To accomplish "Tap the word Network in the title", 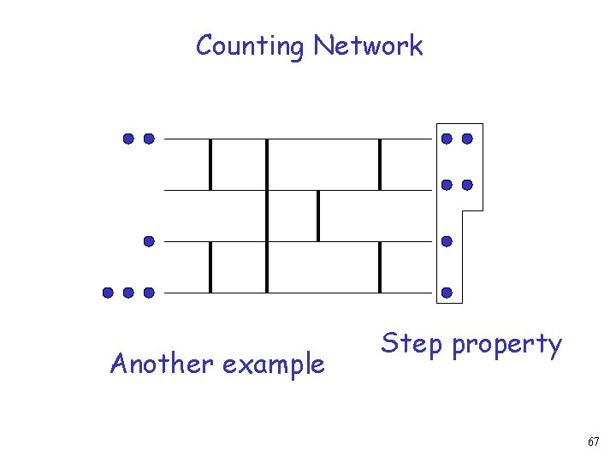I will (368, 45).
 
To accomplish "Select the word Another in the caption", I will (162, 364).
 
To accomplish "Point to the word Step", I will (412, 345).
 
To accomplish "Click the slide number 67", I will (594, 441).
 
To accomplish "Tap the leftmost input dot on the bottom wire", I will (108, 293).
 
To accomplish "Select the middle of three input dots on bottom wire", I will (128, 293).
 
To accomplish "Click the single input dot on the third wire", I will (149, 242).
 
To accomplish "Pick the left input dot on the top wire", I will (128, 138).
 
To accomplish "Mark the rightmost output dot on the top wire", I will (467, 138).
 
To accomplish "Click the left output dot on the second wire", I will (447, 185).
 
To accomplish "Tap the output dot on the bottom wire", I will (447, 293).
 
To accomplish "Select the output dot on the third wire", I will (447, 242).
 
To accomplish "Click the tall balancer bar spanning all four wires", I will (267, 216).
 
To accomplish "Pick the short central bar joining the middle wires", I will (318, 216).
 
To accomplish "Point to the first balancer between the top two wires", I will (210, 163).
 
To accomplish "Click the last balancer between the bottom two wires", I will (380, 267).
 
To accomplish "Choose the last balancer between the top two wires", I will (380, 163).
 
